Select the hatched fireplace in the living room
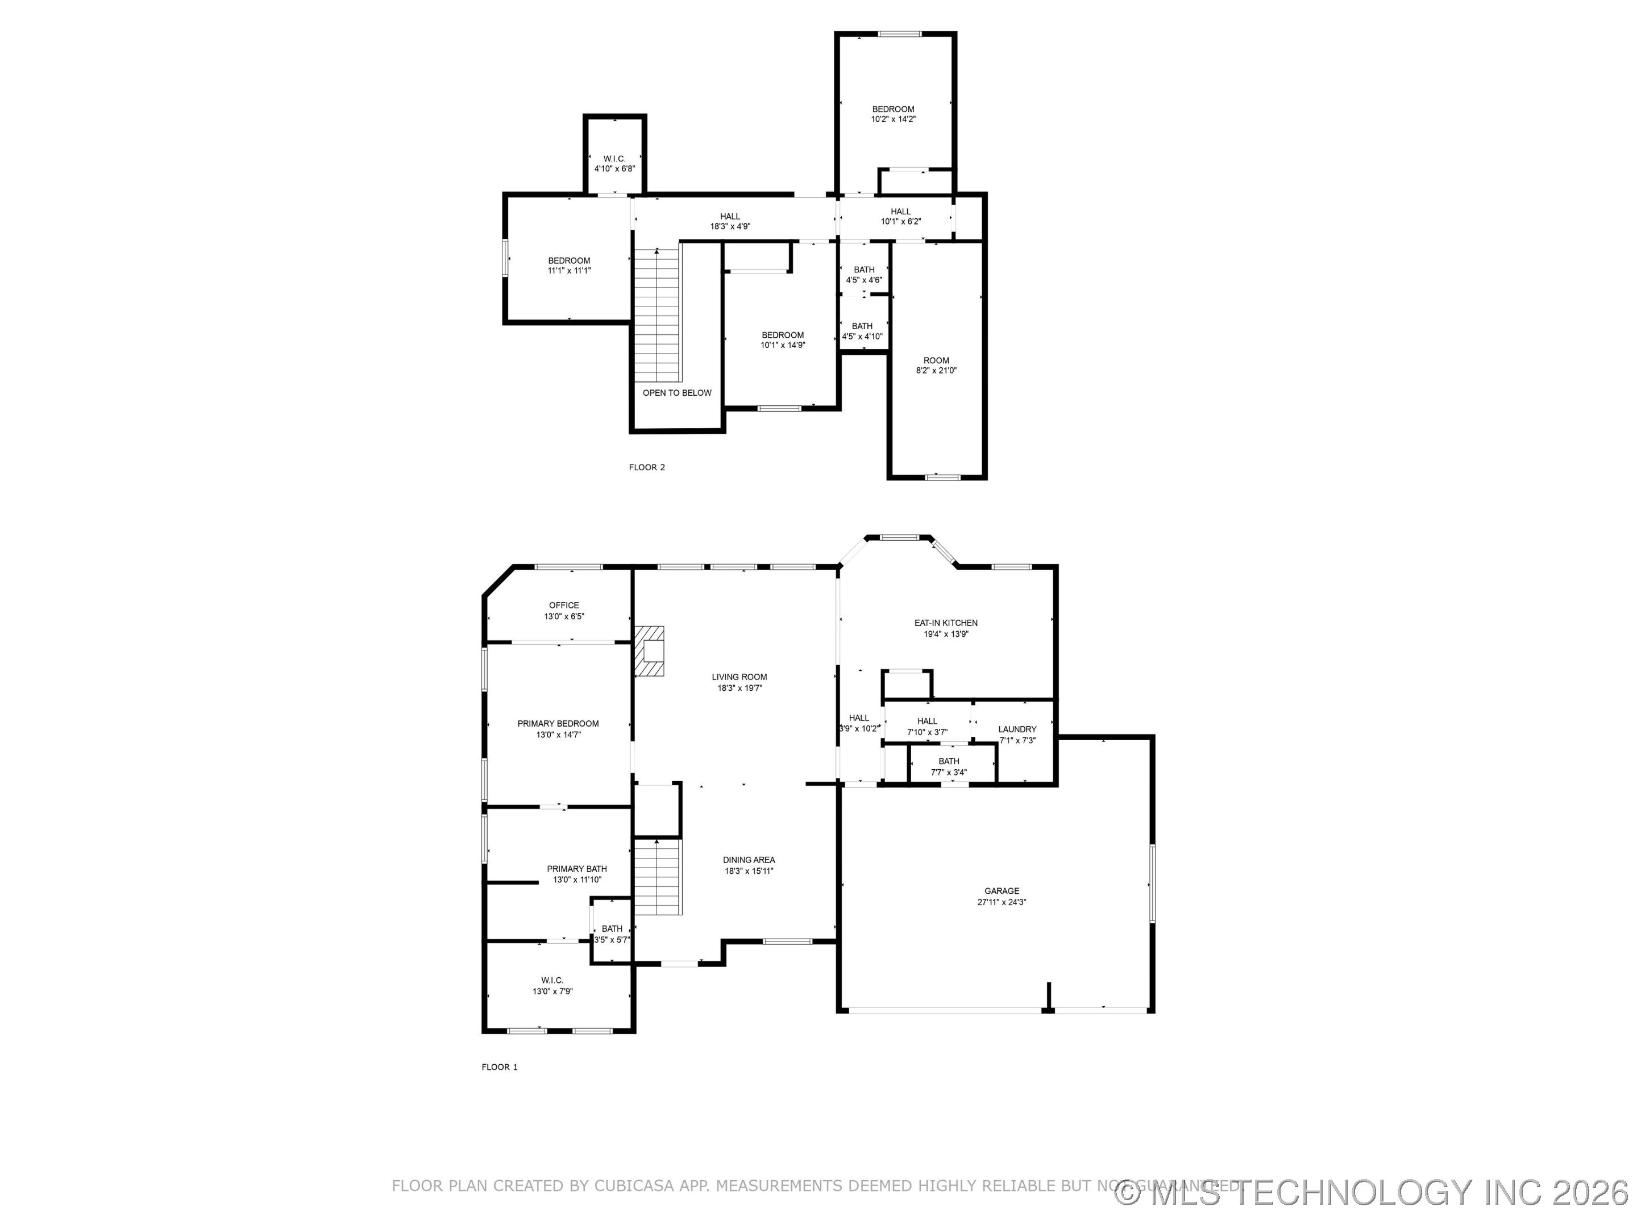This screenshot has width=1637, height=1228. [x=649, y=650]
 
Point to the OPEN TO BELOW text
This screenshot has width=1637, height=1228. [x=676, y=393]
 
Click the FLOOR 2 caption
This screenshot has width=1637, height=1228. [x=647, y=467]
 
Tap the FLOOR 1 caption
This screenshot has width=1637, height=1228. [x=500, y=1067]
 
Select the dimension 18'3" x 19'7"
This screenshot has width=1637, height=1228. [x=739, y=688]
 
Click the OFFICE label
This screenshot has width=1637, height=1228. [x=564, y=605]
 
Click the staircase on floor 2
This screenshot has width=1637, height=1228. [x=657, y=314]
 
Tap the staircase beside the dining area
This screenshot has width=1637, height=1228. [x=657, y=877]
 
